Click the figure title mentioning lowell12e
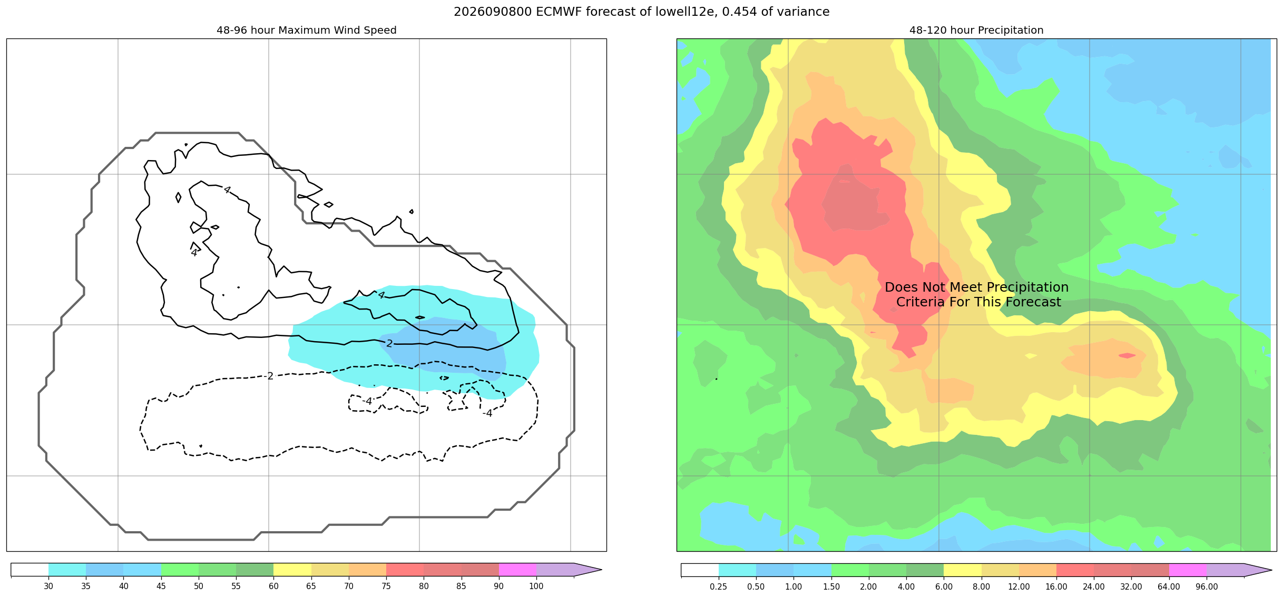tap(641, 12)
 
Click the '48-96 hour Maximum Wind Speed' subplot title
tap(306, 30)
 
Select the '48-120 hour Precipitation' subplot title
tap(976, 30)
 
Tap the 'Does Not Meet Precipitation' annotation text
tap(976, 287)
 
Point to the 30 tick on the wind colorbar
tap(48, 586)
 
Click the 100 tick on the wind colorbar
tap(536, 586)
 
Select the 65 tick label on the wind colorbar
tap(311, 586)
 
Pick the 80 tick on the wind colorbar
tap(424, 586)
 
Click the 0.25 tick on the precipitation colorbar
tap(718, 586)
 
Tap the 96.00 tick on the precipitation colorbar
tap(1207, 586)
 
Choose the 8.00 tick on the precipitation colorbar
tap(981, 586)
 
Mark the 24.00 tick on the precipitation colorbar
tap(1094, 586)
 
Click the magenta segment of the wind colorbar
tap(517, 570)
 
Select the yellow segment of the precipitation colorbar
tap(963, 570)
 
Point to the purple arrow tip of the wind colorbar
tap(601, 570)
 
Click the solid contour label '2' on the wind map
tap(389, 343)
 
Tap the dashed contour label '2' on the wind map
tap(270, 376)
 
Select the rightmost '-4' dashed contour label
tap(487, 413)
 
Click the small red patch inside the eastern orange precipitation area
tap(1127, 355)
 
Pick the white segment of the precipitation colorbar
tap(700, 570)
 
